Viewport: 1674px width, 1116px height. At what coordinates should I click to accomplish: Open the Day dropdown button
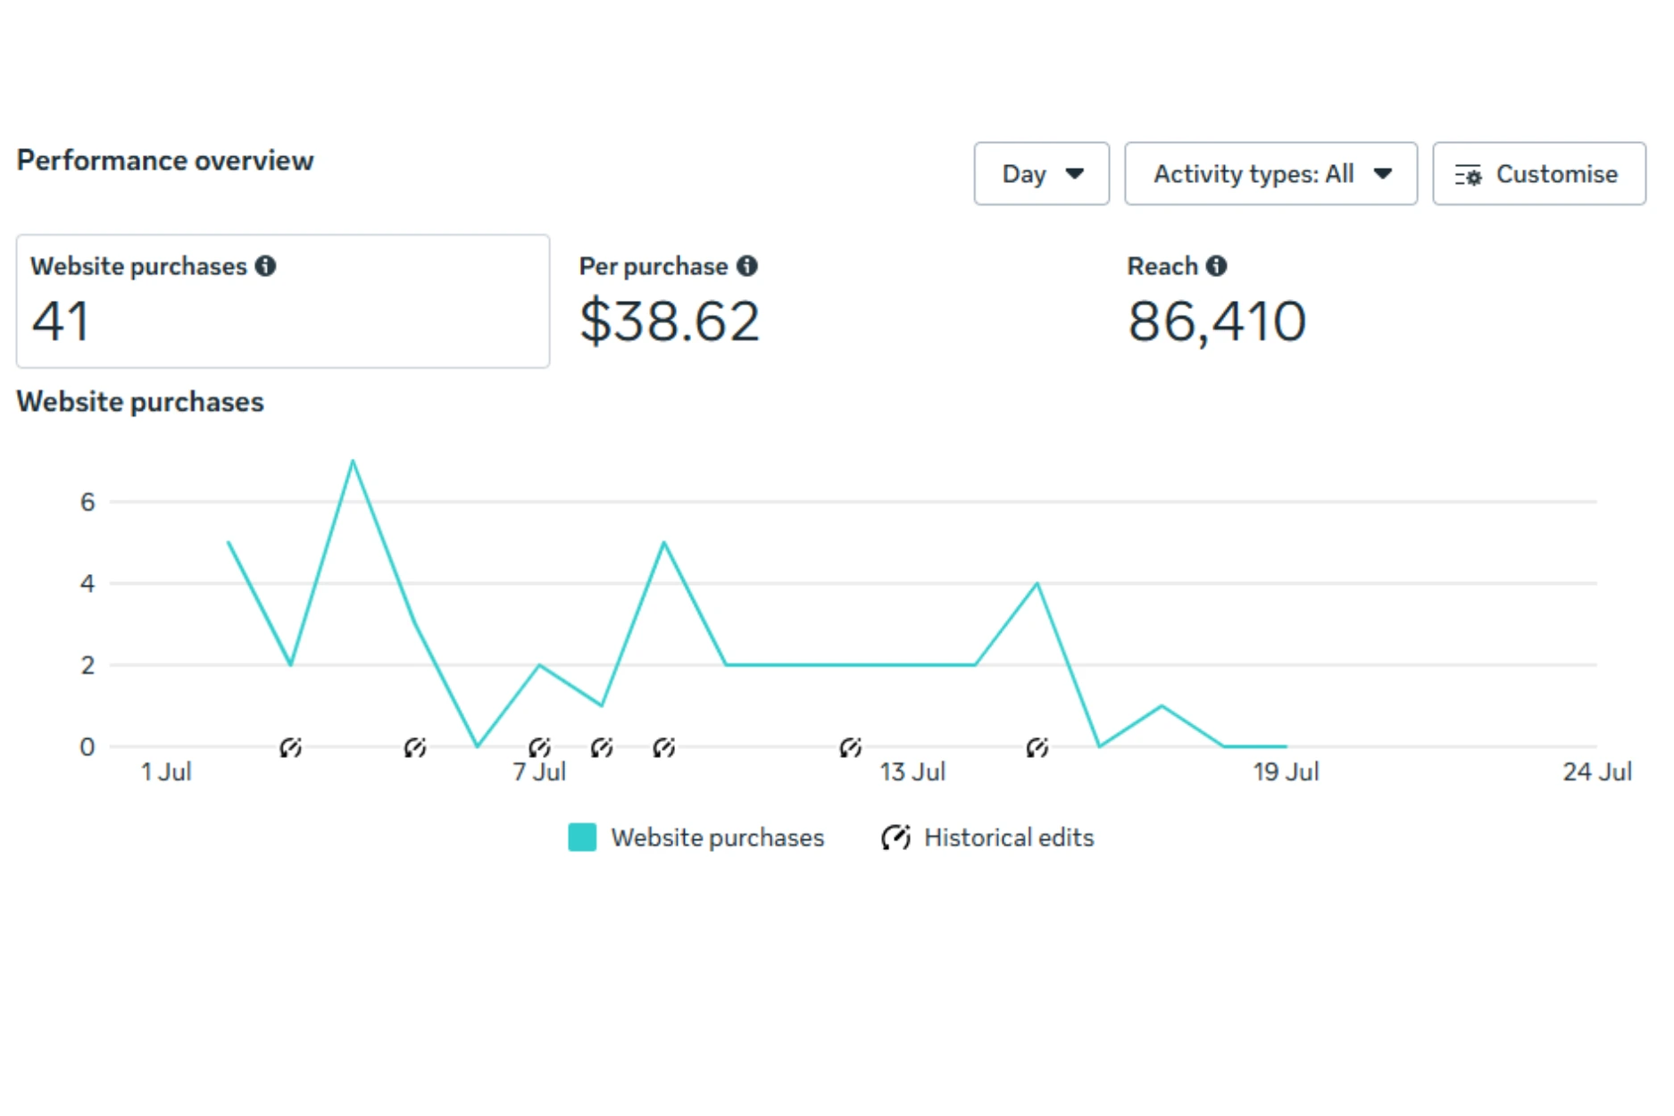coord(1041,174)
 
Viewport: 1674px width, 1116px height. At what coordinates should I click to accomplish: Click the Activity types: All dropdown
coord(1270,174)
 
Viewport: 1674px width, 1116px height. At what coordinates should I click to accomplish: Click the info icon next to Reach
coord(1216,266)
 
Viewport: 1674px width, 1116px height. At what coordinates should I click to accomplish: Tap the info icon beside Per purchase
coord(747,266)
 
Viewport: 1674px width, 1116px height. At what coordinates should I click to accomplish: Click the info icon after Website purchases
coord(265,266)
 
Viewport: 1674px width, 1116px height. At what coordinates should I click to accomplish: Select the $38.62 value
coord(670,321)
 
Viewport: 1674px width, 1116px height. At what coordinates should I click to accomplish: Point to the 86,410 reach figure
coord(1216,321)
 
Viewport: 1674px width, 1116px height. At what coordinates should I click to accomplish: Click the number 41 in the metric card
coord(61,321)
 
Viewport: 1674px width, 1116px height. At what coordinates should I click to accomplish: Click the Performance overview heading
coord(165,161)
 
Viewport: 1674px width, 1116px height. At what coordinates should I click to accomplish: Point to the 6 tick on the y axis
coord(87,502)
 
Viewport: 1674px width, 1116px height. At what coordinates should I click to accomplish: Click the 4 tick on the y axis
coord(87,584)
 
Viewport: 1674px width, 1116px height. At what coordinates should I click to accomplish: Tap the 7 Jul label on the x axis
coord(539,771)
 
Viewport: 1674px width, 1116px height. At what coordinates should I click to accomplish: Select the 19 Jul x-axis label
coord(1286,771)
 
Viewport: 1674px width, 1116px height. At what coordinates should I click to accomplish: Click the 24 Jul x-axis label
coord(1596,771)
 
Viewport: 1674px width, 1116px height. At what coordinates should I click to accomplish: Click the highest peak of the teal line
coord(353,462)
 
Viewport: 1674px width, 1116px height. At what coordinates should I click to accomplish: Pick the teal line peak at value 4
coord(1037,584)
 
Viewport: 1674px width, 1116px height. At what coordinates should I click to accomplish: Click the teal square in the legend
coord(582,837)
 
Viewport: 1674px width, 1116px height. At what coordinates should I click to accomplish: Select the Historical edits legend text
coord(1008,837)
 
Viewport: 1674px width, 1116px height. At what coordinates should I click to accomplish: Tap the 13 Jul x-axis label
coord(912,771)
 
